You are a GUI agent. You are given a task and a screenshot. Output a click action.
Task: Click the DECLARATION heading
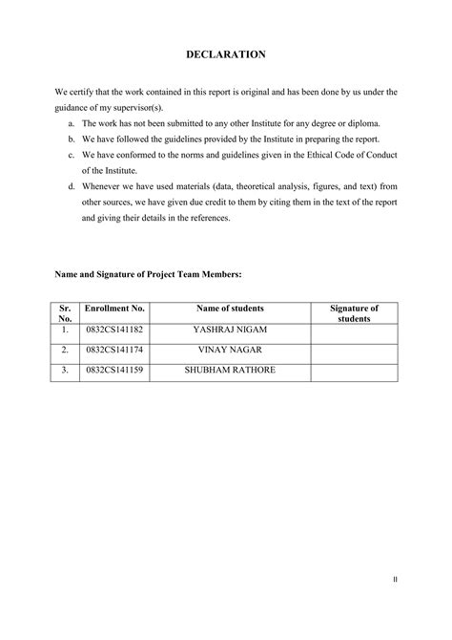[x=226, y=55]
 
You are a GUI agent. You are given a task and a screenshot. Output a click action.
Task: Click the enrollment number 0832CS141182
[x=114, y=330]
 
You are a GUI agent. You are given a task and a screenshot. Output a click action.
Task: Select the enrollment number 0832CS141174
[x=114, y=350]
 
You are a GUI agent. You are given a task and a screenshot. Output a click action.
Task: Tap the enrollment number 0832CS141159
[x=114, y=370]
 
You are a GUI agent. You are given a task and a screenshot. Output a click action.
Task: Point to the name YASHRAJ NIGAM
[x=230, y=330]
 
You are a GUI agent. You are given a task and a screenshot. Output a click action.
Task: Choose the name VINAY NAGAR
[x=230, y=350]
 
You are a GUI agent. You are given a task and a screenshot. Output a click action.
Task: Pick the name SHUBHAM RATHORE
[x=230, y=370]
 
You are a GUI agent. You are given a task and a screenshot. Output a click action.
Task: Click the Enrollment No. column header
[x=114, y=309]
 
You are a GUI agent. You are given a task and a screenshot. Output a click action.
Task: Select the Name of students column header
[x=230, y=309]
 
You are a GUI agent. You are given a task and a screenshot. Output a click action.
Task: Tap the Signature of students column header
[x=354, y=313]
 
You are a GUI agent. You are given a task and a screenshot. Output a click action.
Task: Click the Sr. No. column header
[x=66, y=313]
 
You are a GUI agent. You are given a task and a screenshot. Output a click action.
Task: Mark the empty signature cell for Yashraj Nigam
[x=354, y=331]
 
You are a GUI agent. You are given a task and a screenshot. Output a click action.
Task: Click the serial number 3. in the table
[x=66, y=370]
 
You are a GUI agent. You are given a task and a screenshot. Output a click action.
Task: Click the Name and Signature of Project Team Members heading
[x=148, y=274]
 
